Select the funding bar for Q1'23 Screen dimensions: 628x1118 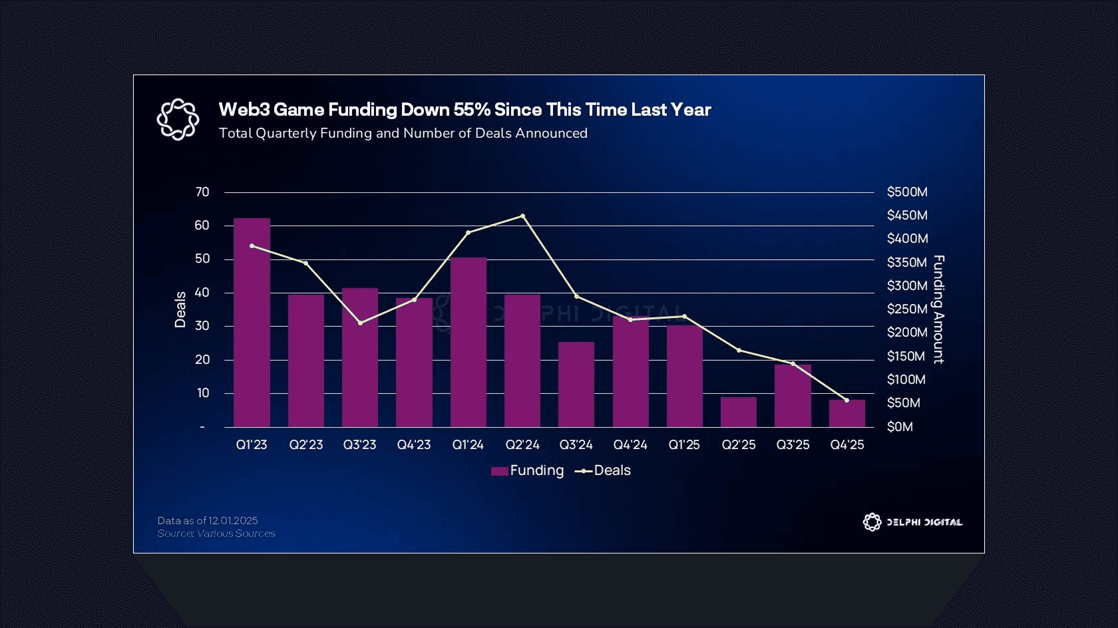[252, 323]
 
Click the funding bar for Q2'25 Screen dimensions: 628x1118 [738, 412]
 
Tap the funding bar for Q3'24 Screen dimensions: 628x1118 [576, 384]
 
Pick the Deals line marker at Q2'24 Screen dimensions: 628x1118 [522, 216]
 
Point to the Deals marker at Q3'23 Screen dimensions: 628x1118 [360, 323]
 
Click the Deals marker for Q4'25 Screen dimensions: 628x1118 [846, 400]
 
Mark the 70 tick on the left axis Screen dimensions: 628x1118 [202, 192]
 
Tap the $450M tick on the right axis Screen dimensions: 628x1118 [906, 216]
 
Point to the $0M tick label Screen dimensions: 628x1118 [900, 426]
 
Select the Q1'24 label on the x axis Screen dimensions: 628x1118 [468, 444]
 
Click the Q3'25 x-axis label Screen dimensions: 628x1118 [793, 444]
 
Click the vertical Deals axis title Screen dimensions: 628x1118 [180, 309]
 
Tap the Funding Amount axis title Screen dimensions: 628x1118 [938, 309]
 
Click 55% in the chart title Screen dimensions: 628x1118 [472, 110]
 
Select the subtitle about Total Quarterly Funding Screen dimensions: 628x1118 [403, 133]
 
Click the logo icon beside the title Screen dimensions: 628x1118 [178, 119]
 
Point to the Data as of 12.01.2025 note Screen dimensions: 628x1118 [208, 520]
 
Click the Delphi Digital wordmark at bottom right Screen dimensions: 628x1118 [924, 522]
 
